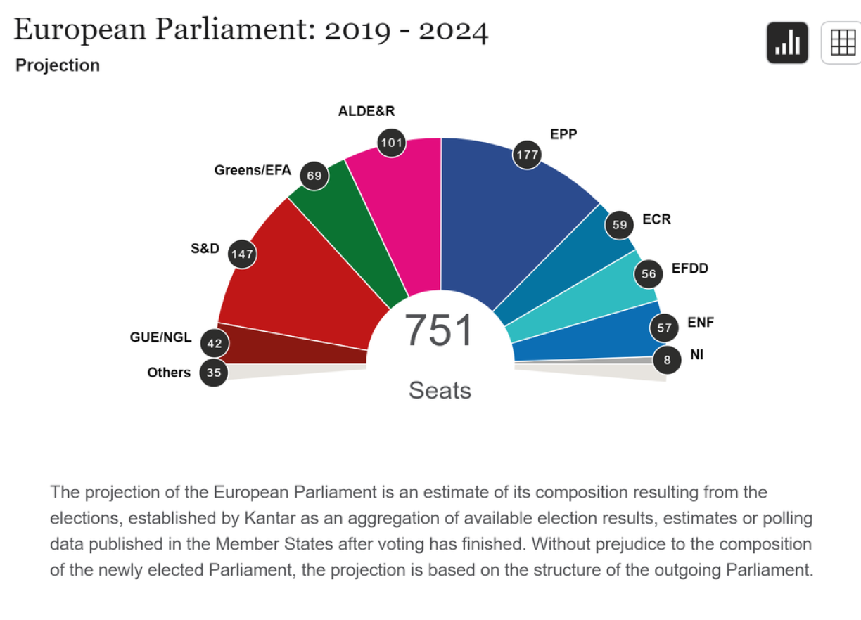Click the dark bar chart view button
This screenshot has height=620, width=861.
[787, 43]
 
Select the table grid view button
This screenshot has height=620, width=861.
[842, 43]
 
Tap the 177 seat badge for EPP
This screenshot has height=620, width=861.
[527, 155]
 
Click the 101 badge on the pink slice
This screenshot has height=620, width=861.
[391, 143]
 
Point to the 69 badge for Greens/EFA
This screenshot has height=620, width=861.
[314, 176]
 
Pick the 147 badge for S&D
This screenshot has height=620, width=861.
[242, 254]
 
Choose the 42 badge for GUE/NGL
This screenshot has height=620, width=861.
[215, 344]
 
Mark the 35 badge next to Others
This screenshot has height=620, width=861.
[214, 373]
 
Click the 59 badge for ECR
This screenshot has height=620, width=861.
[620, 225]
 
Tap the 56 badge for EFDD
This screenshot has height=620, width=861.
[648, 274]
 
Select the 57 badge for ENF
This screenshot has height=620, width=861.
[664, 328]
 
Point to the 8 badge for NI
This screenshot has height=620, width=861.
[667, 361]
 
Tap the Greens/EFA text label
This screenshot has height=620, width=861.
[253, 170]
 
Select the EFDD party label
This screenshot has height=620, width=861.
[690, 269]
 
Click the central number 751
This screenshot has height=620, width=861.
[440, 330]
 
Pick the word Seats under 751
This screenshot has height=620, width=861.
[440, 390]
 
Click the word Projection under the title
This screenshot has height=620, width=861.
[58, 65]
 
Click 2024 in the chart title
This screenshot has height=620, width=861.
[453, 30]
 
